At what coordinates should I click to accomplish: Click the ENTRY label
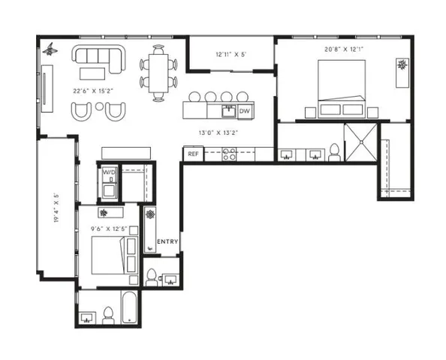pyautogui.click(x=167, y=241)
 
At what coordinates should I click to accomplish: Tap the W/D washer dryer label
pyautogui.click(x=109, y=174)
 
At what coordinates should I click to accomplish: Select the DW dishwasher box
pyautogui.click(x=244, y=112)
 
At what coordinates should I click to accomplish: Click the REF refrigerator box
pyautogui.click(x=193, y=154)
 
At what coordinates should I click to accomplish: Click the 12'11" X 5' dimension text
pyautogui.click(x=231, y=54)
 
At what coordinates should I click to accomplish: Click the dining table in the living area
pyautogui.click(x=158, y=72)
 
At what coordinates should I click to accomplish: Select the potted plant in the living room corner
pyautogui.click(x=50, y=49)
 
